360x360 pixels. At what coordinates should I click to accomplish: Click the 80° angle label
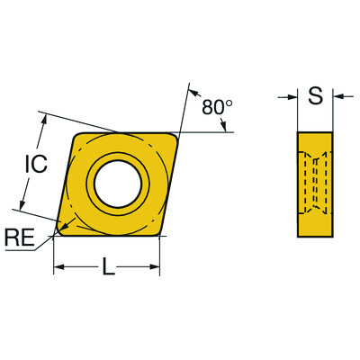click(216, 107)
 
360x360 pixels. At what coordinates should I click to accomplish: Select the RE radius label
click(20, 237)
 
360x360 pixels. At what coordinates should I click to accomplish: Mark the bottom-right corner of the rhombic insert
click(160, 231)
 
